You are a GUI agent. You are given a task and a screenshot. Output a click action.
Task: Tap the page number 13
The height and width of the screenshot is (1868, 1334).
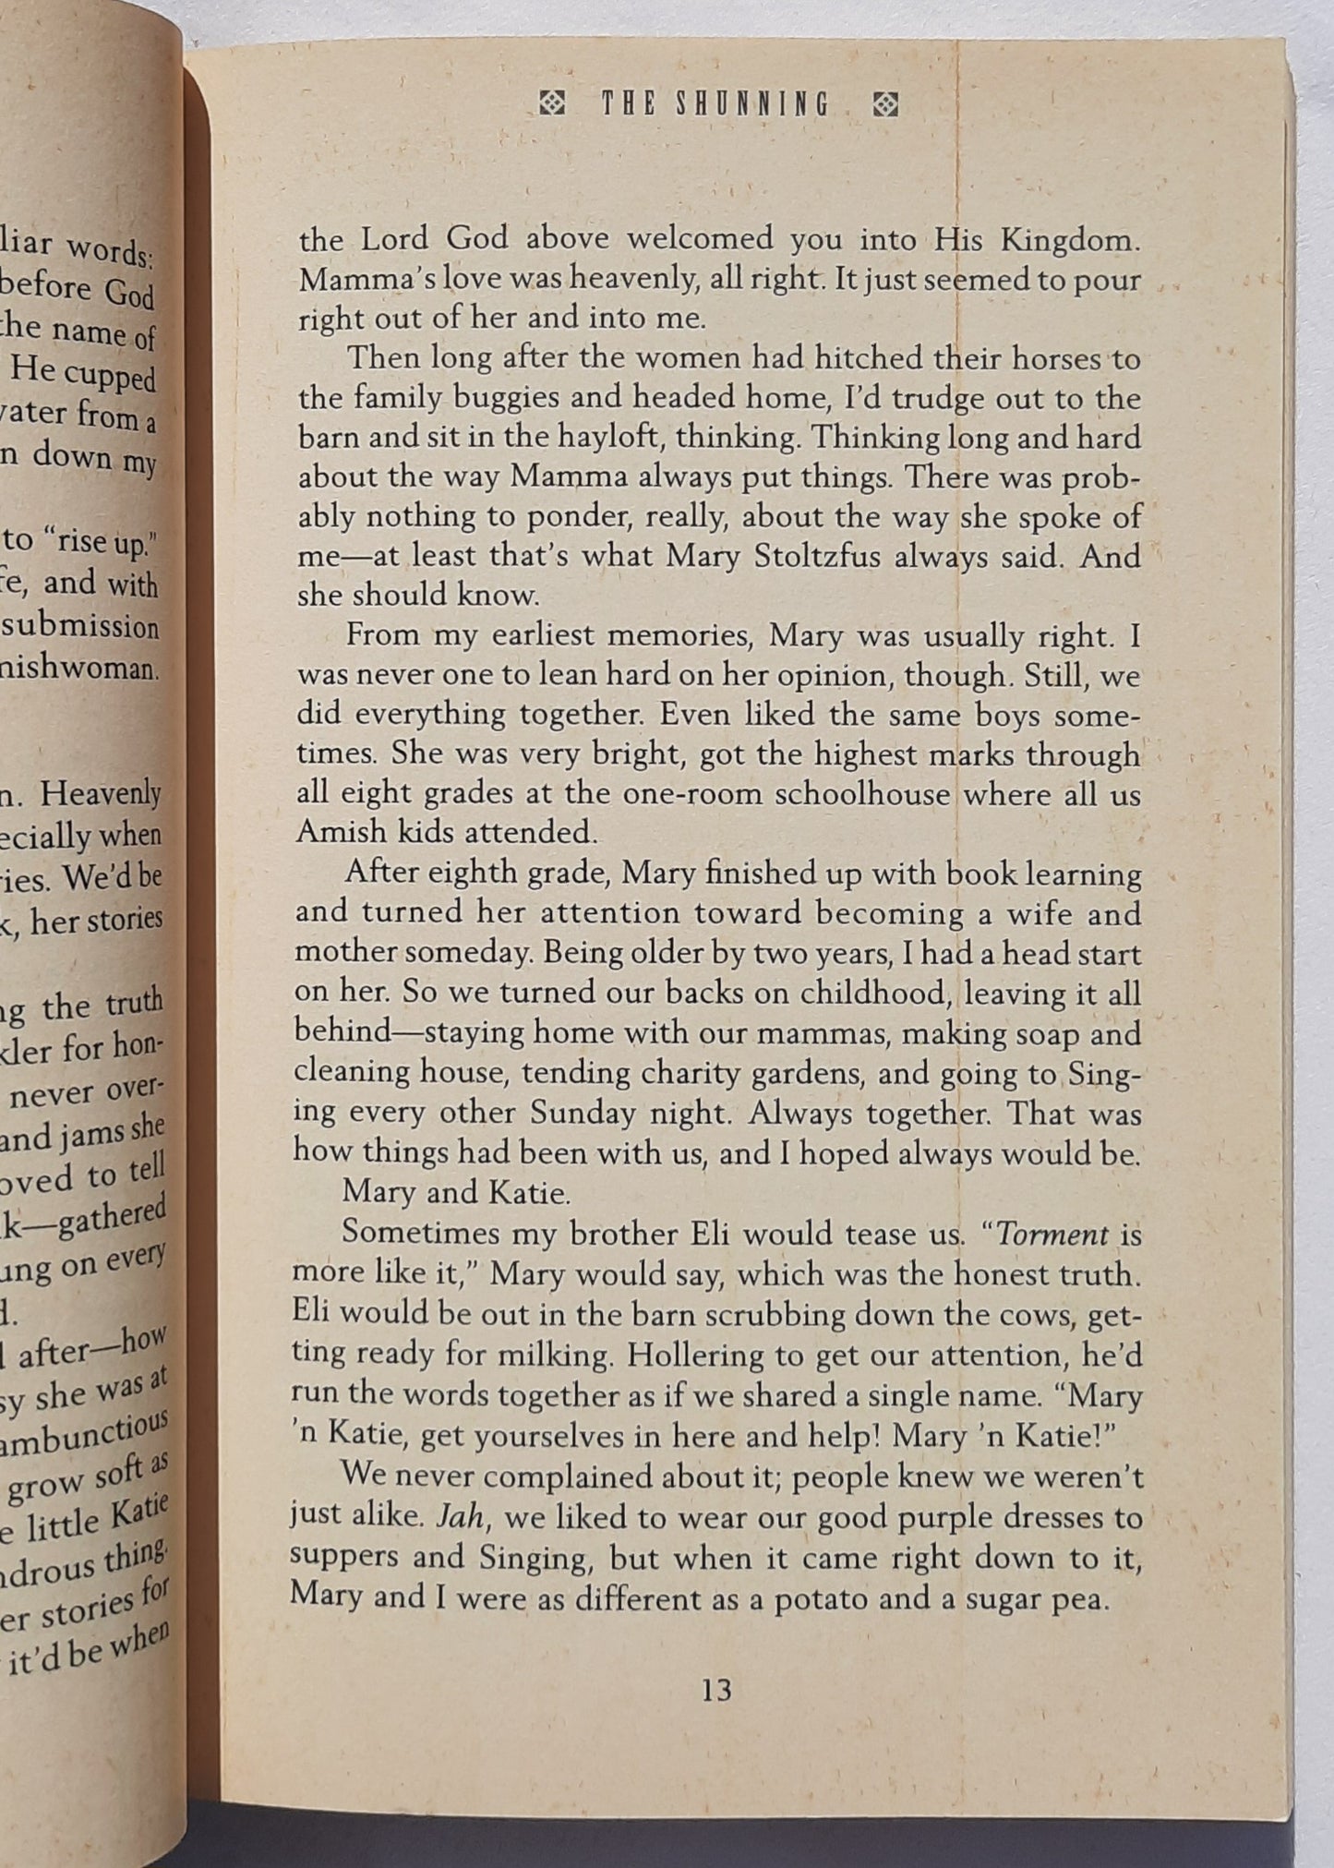click(716, 1691)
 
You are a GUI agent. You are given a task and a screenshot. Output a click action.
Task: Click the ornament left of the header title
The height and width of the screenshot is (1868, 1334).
click(552, 104)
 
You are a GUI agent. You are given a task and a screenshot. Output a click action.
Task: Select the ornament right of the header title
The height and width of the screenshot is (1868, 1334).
click(885, 105)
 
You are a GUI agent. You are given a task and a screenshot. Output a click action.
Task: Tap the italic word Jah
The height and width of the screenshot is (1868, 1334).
click(461, 1517)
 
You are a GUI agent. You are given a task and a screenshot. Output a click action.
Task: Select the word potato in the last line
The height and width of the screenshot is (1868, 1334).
click(823, 1598)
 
